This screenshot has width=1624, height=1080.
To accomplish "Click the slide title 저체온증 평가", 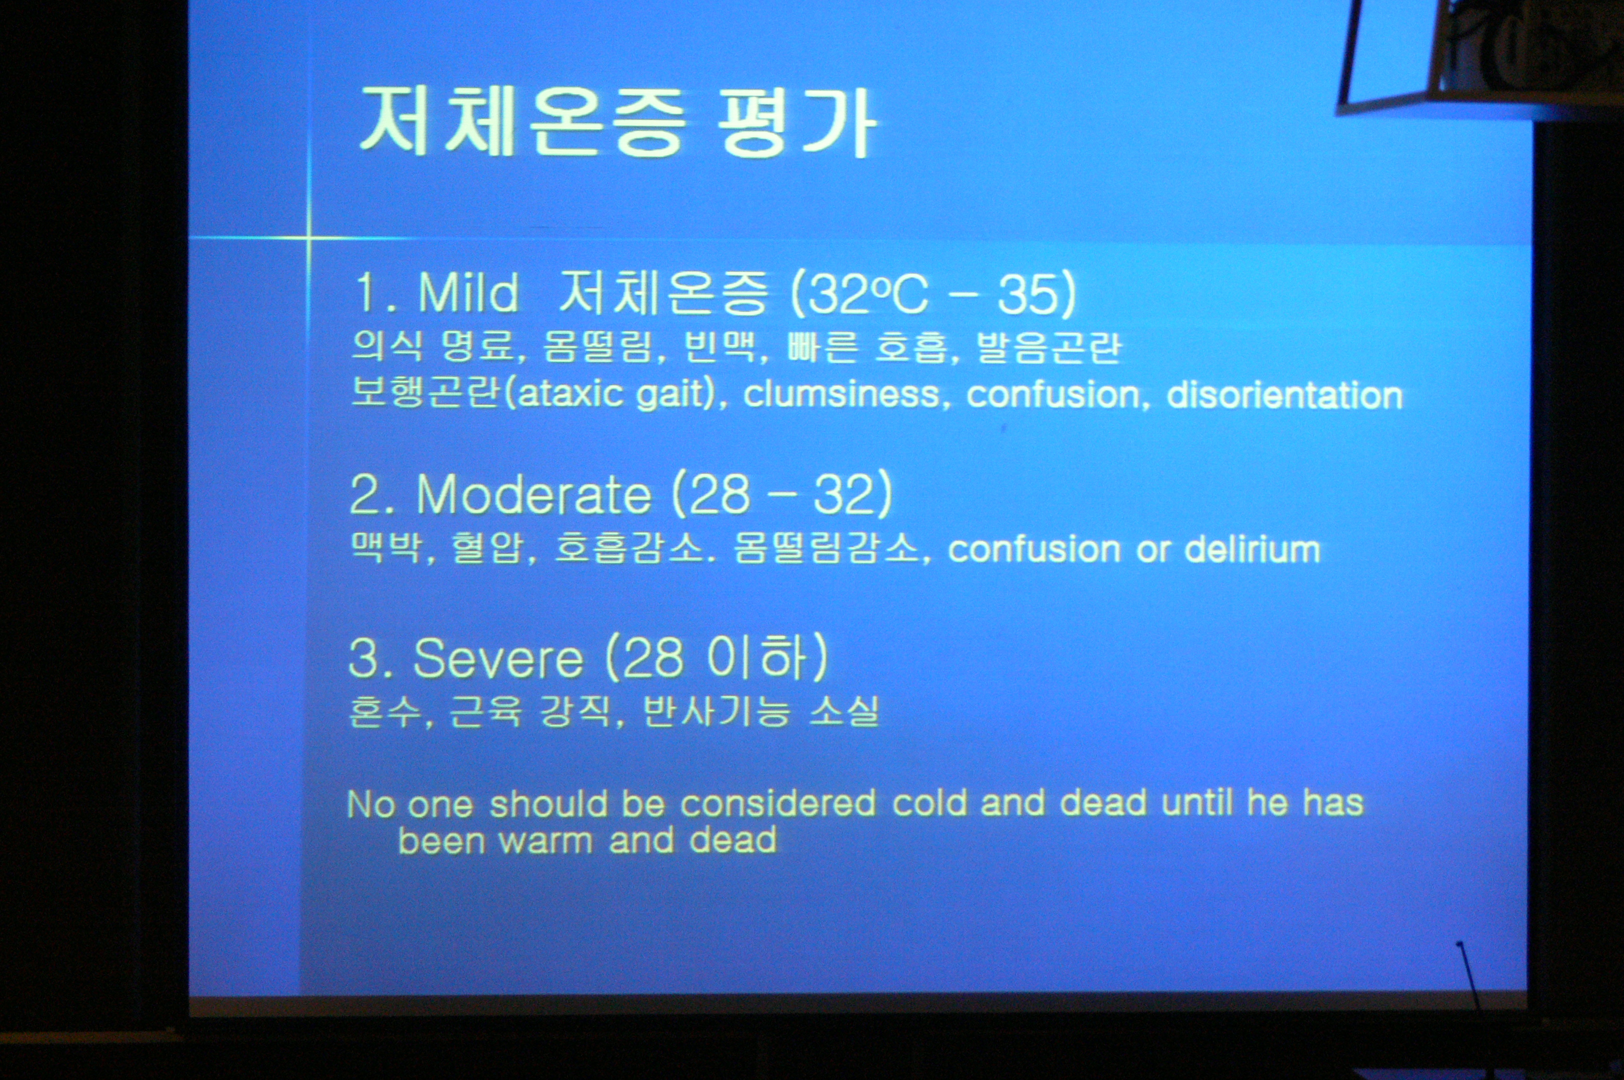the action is point(618,122).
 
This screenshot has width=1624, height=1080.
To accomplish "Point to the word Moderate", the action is point(534,494).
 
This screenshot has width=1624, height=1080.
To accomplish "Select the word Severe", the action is point(498,658).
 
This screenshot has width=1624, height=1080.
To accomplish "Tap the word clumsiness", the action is point(841,394).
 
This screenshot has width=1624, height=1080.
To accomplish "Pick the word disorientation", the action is point(1284,394).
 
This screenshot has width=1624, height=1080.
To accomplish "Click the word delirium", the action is point(1252,549).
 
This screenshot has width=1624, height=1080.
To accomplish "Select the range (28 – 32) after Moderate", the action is point(781,494).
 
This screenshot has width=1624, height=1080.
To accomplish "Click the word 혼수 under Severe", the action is point(384,711).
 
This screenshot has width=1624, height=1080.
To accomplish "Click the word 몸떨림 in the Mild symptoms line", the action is point(597,346).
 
